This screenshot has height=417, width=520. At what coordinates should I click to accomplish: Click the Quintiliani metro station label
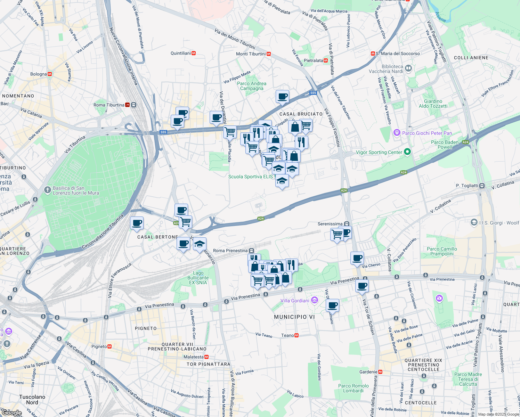181,53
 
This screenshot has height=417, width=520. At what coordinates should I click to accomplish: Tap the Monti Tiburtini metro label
251,54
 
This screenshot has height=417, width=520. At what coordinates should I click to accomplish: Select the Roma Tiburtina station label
109,105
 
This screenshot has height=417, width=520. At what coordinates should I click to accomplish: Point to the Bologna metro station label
39,74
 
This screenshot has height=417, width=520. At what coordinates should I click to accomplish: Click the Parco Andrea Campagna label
252,86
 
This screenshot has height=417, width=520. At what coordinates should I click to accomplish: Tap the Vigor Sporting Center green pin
408,152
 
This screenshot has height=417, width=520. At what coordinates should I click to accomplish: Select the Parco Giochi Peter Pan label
427,133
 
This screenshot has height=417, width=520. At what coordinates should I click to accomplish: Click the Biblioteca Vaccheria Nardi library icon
408,68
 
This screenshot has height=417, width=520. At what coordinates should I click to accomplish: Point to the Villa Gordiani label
295,301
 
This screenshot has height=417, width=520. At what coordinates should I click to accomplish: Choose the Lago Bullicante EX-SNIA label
198,278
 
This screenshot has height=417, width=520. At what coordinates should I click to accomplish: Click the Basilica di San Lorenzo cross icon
48,190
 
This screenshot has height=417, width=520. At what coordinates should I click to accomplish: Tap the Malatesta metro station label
194,357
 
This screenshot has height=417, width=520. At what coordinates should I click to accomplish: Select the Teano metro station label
287,335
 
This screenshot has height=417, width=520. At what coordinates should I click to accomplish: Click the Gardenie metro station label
368,372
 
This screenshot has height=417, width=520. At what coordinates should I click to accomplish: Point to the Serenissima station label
330,224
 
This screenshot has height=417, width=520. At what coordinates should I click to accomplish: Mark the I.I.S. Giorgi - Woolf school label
499,223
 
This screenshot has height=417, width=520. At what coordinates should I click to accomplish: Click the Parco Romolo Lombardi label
353,388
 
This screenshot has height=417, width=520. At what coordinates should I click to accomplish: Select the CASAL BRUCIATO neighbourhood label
301,114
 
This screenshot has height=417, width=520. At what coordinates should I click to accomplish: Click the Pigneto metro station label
99,346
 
